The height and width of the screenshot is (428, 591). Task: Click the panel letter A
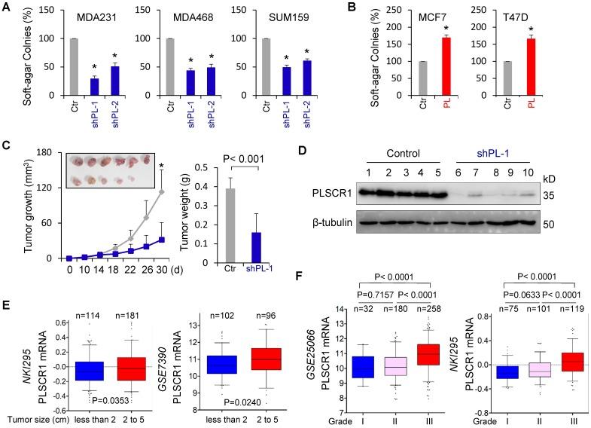7,9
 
